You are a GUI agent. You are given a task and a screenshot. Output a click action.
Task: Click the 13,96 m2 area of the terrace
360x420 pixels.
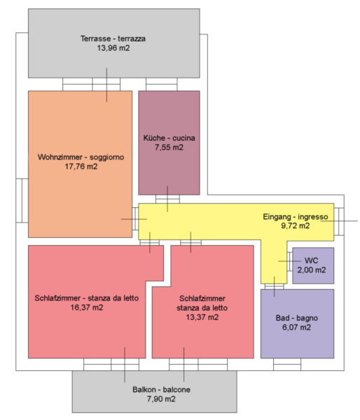(113, 48)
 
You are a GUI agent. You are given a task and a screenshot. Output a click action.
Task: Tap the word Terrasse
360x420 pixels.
(96, 38)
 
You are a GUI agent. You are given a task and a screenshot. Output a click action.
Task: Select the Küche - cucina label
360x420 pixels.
(169, 138)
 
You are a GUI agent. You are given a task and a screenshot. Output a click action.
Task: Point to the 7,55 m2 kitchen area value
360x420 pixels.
(169, 147)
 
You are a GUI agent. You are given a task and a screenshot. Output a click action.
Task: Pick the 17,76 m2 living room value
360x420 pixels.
(81, 167)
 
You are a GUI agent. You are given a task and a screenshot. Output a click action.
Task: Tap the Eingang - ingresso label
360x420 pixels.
(296, 216)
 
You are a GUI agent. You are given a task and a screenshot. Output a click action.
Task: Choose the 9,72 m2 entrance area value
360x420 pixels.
(296, 226)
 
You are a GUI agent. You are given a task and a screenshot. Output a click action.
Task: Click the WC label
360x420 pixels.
(312, 260)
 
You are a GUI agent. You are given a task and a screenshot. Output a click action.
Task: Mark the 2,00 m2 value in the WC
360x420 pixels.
(312, 269)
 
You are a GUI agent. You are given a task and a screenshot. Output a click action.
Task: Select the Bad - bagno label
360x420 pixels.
(297, 318)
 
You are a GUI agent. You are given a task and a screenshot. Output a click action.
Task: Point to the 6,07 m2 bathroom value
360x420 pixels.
(297, 328)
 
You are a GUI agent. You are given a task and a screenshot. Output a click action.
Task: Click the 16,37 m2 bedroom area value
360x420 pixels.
(87, 307)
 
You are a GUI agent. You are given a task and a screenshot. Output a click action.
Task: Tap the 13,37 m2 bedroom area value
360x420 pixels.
(202, 317)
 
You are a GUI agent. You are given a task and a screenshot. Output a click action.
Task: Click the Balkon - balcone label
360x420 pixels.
(161, 389)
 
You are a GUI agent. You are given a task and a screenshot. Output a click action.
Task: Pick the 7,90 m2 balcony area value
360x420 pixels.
(161, 399)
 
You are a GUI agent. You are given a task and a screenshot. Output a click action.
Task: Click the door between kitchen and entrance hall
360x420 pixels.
(168, 199)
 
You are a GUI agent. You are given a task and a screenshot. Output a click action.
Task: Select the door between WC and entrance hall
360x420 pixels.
(290, 261)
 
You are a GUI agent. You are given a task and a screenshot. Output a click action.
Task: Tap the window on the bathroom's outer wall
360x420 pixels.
(287, 365)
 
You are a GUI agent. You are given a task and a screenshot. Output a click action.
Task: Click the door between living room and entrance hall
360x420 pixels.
(135, 219)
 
